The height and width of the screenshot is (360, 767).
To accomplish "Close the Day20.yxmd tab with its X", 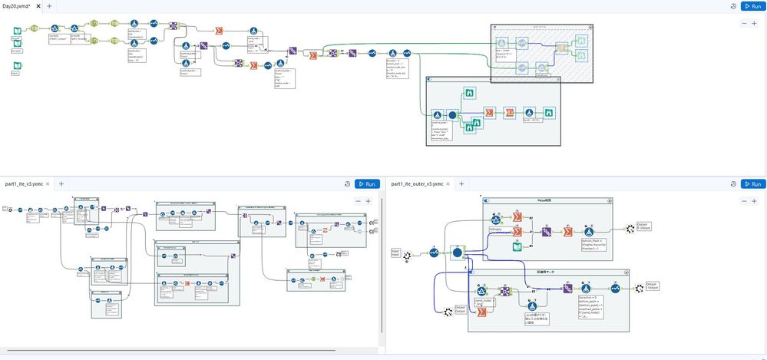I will click(38, 5).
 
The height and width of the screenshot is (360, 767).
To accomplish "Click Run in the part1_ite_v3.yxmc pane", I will click(367, 184).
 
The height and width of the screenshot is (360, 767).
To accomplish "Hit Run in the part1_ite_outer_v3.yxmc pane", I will click(753, 184).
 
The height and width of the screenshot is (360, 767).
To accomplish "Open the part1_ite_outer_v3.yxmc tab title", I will click(417, 184).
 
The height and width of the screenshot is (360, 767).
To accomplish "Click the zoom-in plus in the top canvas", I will click(754, 24).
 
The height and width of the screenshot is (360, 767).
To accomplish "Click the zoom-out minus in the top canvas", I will click(743, 24).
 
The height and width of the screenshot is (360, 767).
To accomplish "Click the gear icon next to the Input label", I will click(407, 255).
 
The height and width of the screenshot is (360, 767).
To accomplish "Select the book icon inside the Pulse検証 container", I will click(517, 246).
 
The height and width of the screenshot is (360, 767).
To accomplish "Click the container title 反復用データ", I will click(547, 272).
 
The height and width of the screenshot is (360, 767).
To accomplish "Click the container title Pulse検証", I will click(547, 200).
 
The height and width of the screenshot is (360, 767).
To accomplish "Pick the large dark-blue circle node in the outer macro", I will click(458, 252).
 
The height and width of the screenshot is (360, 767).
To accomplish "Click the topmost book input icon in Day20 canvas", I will click(16, 31).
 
